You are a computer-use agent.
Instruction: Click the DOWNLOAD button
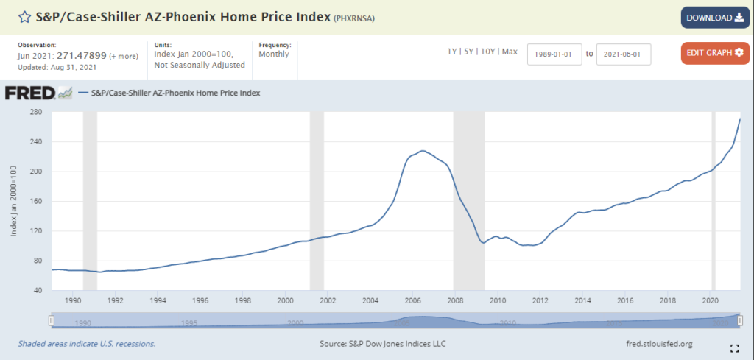click(x=714, y=18)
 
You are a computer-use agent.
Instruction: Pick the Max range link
click(x=510, y=52)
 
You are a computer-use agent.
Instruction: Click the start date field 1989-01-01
click(x=554, y=54)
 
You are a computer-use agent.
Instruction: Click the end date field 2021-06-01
click(x=623, y=54)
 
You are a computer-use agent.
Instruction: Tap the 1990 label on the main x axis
click(x=73, y=301)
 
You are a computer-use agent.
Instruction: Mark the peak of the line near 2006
click(x=422, y=151)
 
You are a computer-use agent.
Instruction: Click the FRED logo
click(x=30, y=93)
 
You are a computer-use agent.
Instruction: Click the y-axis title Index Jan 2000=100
click(x=15, y=201)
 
